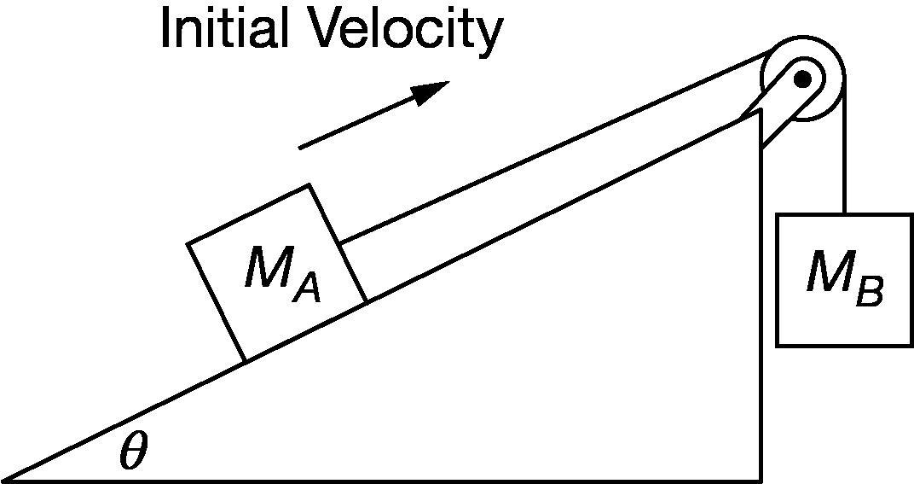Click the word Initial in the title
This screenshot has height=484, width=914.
point(224,30)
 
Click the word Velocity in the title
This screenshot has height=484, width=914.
point(405,32)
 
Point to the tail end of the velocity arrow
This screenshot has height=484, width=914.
point(301,148)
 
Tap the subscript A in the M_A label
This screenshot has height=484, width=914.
point(306,289)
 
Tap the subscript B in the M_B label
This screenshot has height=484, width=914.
point(869,293)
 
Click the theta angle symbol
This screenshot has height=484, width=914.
point(133,452)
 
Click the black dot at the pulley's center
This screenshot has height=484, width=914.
point(802,79)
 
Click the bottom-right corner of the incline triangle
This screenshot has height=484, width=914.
point(760,480)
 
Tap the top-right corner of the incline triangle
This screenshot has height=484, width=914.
point(760,112)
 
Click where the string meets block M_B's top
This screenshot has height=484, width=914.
point(844,213)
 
